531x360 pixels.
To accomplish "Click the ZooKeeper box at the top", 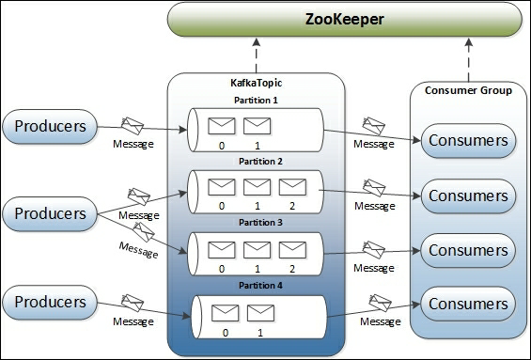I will click(x=345, y=20).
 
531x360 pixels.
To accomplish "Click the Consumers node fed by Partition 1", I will click(x=468, y=142).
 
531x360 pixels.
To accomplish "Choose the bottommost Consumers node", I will click(x=468, y=303).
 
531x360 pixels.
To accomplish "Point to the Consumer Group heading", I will click(x=468, y=91).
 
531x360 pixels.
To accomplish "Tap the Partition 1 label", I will click(x=257, y=100).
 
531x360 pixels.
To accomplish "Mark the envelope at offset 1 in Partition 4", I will click(x=259, y=312).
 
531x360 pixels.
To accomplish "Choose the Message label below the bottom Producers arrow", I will click(x=133, y=322).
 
